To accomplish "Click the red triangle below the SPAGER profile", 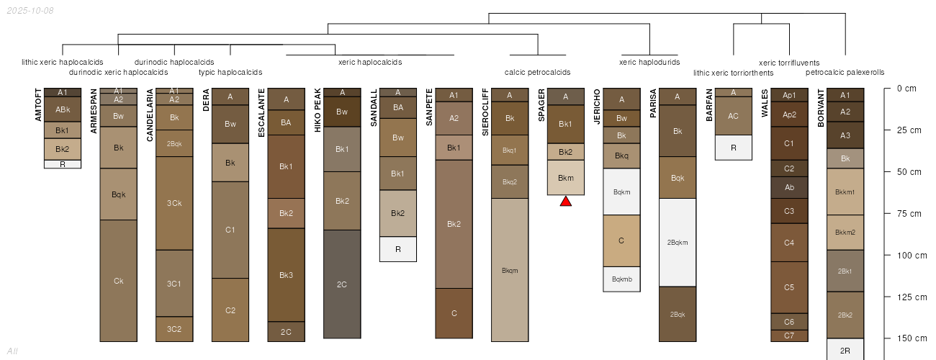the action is [566, 202].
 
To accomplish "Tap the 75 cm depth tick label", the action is [909, 213].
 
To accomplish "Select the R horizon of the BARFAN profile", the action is [734, 148].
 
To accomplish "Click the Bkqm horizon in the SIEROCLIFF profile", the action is [510, 270].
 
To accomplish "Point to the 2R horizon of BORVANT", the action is [845, 349].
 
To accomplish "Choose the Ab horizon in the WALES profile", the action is [789, 187].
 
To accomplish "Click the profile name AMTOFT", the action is [38, 104].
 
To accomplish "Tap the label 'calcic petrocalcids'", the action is [537, 72].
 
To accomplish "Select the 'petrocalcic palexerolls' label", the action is [845, 72].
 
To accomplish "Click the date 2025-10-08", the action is [30, 11].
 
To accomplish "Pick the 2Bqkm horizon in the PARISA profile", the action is [678, 242].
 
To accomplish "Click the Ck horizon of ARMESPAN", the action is [118, 281].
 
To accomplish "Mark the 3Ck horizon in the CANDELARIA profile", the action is [174, 203].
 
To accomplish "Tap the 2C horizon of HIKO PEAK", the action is [342, 284].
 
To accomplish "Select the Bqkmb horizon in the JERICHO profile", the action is [622, 279].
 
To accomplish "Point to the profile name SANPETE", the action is [429, 107].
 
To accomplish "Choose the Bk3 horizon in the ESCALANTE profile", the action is [287, 275].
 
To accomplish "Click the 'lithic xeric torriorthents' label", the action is [734, 73].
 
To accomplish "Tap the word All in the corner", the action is [12, 351].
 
